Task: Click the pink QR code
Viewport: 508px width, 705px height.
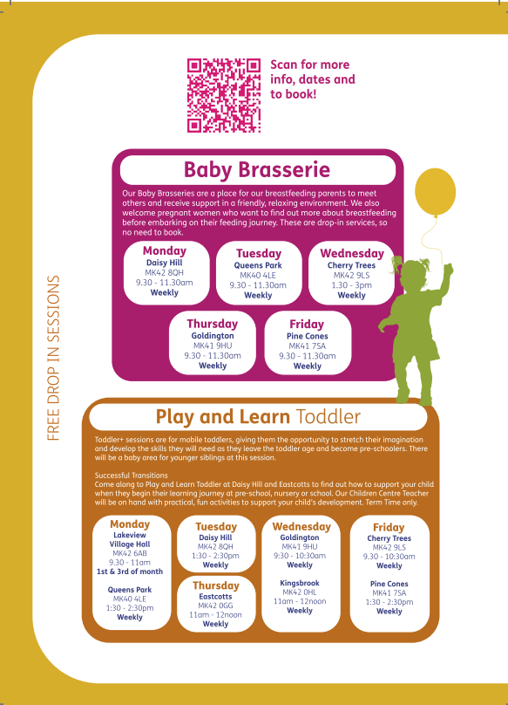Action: (224, 95)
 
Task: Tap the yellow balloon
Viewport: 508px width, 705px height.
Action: (435, 192)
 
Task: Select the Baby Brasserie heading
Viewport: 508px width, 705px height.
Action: (257, 170)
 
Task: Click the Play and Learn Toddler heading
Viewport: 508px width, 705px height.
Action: (258, 417)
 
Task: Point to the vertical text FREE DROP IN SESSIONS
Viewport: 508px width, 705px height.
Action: (53, 358)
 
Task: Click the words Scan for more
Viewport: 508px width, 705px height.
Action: (310, 65)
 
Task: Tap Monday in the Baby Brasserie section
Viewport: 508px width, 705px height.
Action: (165, 250)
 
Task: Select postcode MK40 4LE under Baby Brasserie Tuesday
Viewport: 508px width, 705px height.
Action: (258, 275)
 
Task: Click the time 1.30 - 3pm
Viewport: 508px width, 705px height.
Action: (352, 285)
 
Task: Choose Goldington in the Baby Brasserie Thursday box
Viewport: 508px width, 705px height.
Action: (213, 336)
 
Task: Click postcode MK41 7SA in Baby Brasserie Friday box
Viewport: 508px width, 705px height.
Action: (308, 346)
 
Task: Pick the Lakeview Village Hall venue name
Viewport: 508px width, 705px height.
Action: (130, 539)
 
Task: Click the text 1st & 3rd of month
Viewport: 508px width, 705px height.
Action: (130, 572)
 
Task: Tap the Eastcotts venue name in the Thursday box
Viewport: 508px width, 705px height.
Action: (215, 597)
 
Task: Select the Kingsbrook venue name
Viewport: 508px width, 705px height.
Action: (300, 583)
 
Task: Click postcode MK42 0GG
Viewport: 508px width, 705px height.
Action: (215, 606)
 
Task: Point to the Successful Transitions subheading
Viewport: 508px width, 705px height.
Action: (132, 476)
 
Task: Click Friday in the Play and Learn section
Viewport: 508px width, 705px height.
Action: (389, 527)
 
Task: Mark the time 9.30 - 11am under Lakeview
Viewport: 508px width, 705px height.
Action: (129, 563)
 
